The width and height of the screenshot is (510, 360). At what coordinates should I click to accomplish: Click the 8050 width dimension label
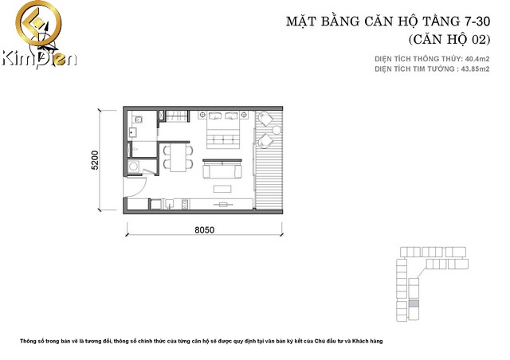click(205, 230)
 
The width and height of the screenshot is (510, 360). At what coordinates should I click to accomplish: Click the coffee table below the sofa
click(224, 189)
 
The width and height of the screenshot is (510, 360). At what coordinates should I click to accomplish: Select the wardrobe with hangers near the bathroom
click(173, 116)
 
